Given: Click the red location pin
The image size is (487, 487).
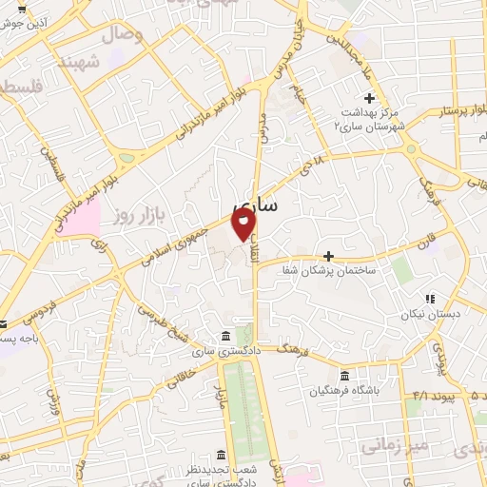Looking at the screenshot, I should pos(244,224).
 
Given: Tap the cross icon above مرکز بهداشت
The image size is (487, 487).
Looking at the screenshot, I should pos(370,98).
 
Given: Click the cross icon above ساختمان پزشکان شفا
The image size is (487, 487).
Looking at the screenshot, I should pos(328,256).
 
